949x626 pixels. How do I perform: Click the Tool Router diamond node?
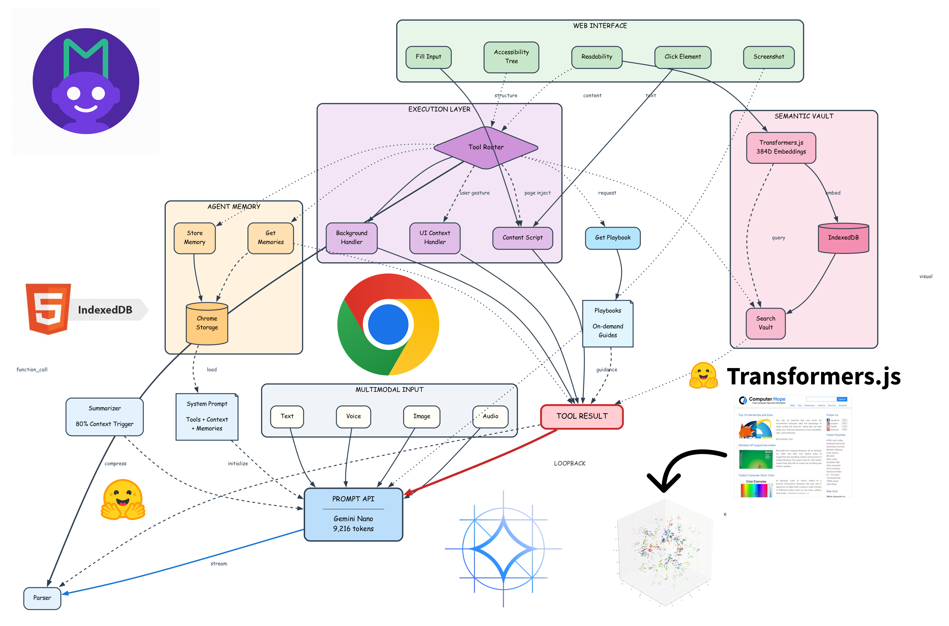(486, 147)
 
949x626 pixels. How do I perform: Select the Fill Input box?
(428, 57)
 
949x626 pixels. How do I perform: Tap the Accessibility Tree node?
(511, 57)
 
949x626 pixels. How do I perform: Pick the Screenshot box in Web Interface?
(768, 57)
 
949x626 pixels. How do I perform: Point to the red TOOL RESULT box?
(582, 416)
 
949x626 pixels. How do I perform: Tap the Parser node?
(42, 598)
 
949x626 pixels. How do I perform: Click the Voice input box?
(353, 416)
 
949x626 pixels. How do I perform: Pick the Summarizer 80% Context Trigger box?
(104, 416)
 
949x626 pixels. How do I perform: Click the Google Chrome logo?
(388, 324)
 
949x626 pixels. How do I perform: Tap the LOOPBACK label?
(569, 464)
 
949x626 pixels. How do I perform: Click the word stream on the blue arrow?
(219, 564)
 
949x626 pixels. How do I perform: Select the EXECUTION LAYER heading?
(439, 109)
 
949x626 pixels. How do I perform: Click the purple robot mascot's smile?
(86, 109)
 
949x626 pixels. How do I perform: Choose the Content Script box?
(522, 238)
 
